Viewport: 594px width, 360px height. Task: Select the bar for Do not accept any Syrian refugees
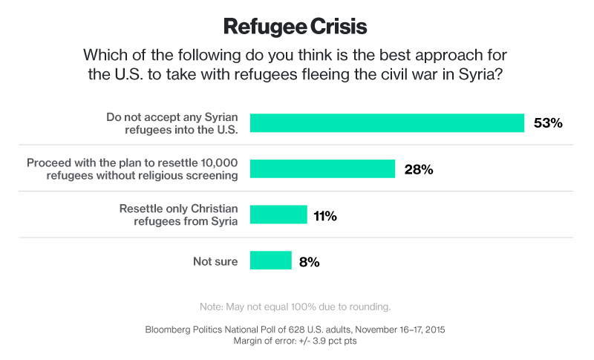coord(387,122)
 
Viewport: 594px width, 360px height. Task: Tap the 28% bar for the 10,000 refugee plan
coord(322,168)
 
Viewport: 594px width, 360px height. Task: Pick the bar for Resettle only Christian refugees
coord(278,215)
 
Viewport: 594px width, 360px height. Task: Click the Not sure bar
coord(270,261)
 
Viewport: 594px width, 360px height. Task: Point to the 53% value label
coord(548,123)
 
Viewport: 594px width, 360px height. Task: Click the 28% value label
coord(418,169)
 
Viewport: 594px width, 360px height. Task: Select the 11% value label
coord(324,216)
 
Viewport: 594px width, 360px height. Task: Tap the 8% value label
coord(309,261)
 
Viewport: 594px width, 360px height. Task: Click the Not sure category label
coord(215,261)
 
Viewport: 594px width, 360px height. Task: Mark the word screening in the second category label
coord(215,175)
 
